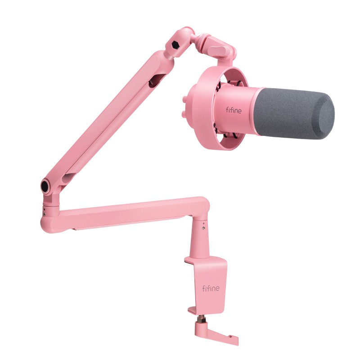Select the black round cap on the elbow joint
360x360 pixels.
46,186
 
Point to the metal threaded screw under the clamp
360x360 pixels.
199,318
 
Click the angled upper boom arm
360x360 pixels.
108,117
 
